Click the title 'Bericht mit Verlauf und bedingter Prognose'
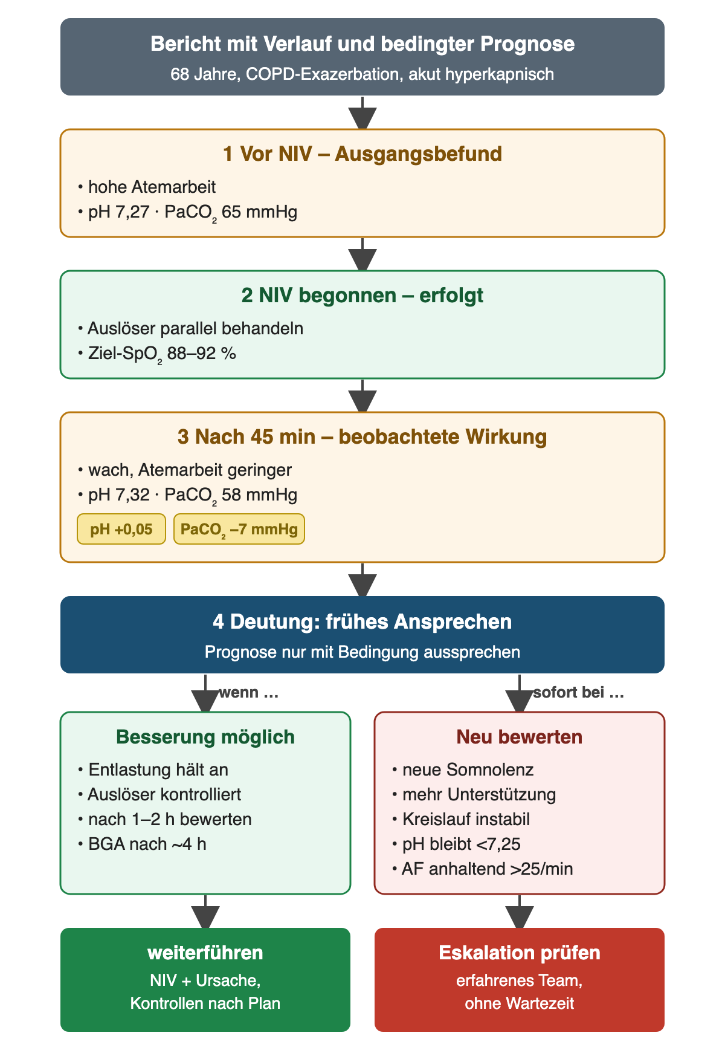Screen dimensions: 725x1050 click(362, 44)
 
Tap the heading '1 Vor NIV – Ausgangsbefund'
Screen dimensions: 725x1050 click(362, 154)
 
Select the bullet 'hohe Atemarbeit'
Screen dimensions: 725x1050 click(147, 187)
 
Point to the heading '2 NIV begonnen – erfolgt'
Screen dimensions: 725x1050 click(362, 295)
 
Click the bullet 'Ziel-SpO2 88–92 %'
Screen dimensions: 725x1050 click(157, 354)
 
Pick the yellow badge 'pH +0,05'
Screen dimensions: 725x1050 click(121, 530)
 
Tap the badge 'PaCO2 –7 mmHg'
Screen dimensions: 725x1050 click(239, 530)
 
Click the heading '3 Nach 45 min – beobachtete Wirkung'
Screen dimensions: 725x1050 click(362, 436)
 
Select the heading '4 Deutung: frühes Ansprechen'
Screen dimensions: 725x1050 click(362, 621)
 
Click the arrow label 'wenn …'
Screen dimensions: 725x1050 click(248, 693)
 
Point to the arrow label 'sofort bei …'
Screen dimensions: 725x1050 click(578, 693)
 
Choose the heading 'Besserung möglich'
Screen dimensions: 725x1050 click(205, 737)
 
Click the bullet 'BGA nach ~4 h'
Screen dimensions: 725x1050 click(143, 844)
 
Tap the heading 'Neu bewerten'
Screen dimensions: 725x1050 click(520, 737)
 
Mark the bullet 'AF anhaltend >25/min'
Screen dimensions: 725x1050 click(483, 869)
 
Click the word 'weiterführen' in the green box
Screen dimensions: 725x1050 click(205, 953)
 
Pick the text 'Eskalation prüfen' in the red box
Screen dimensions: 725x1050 click(520, 953)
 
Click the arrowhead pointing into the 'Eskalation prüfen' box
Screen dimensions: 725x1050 click(520, 917)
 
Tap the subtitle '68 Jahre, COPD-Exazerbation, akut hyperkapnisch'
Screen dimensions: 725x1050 click(362, 74)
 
